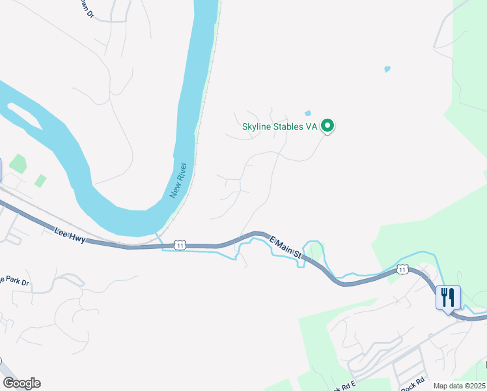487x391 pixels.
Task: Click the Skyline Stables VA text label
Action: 279,126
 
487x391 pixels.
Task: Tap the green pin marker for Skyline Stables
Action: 328,126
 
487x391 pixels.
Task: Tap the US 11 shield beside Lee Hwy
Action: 180,245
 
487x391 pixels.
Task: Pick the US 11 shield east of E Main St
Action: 403,269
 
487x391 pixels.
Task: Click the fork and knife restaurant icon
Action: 448,298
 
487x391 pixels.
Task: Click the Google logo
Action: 21,383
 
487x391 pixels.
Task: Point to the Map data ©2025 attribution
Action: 458,386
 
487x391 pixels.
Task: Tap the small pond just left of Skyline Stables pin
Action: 308,113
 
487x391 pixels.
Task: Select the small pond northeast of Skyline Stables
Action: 387,68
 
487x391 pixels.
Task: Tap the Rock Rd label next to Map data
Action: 413,384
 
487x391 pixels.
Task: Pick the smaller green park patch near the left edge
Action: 40,181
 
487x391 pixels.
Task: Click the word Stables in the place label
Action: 294,126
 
